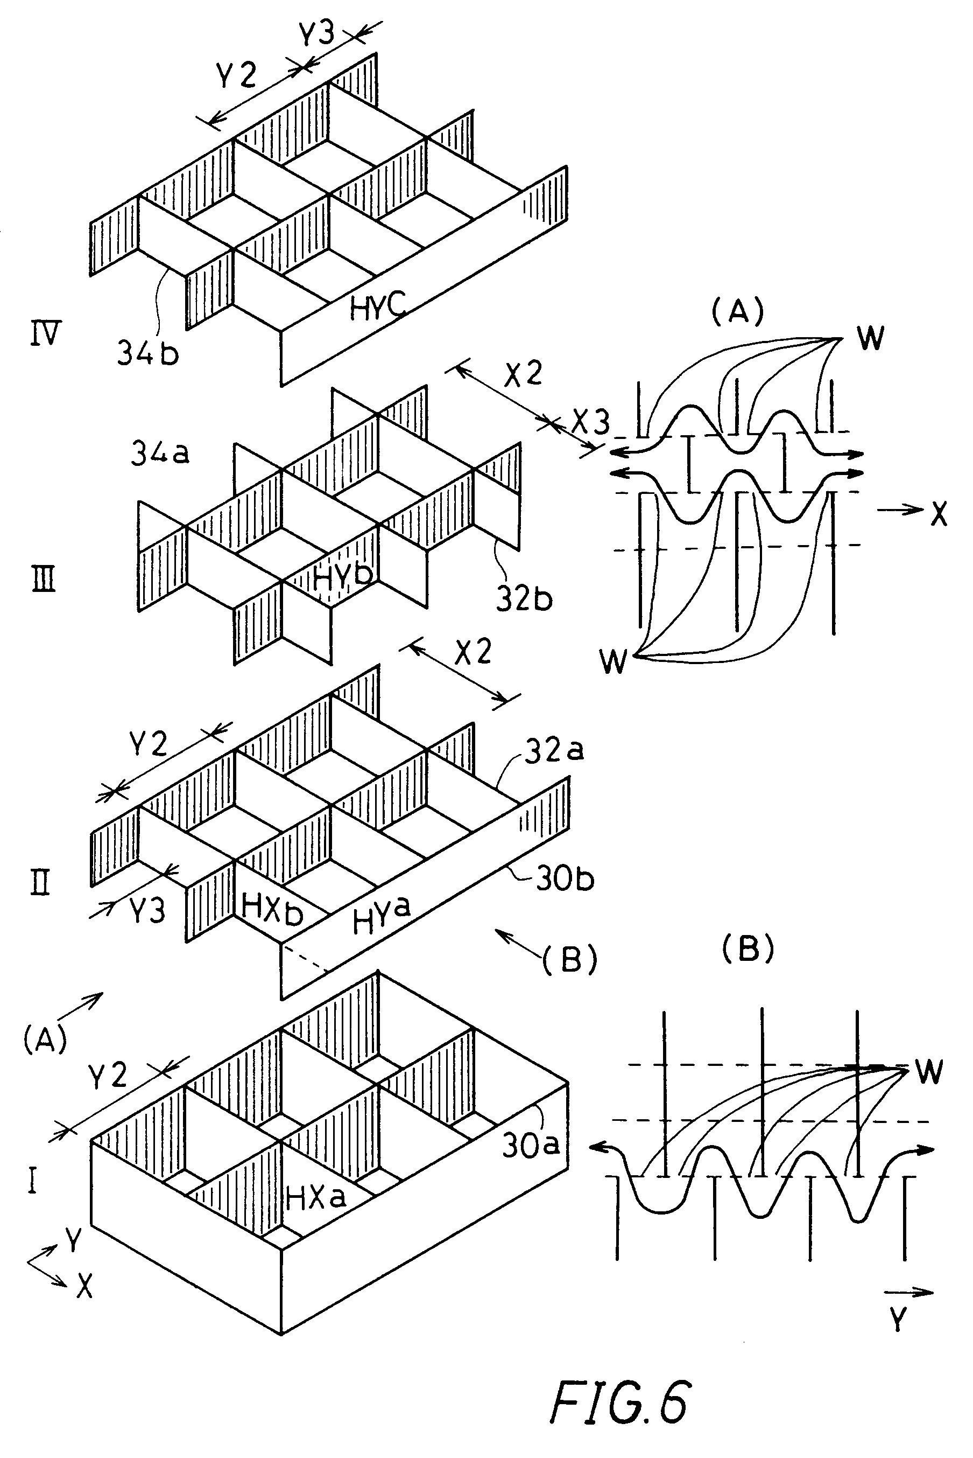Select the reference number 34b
[147, 353]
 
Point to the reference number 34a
[159, 454]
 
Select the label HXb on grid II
[272, 910]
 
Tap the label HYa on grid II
[381, 917]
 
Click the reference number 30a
[531, 1145]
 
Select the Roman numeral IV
[46, 336]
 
